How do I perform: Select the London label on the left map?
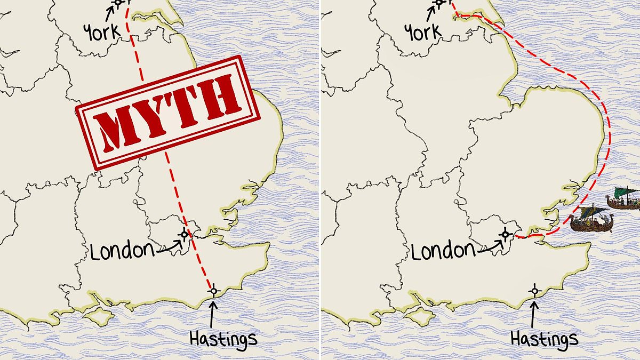118,250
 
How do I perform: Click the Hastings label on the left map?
223,338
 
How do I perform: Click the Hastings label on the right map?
544,338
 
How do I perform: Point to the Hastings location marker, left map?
213,291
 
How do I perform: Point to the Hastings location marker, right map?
535,291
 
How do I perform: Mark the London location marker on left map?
184,234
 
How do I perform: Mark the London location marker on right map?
505,234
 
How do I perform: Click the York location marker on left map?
118,2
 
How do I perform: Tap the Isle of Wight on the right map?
418,316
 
